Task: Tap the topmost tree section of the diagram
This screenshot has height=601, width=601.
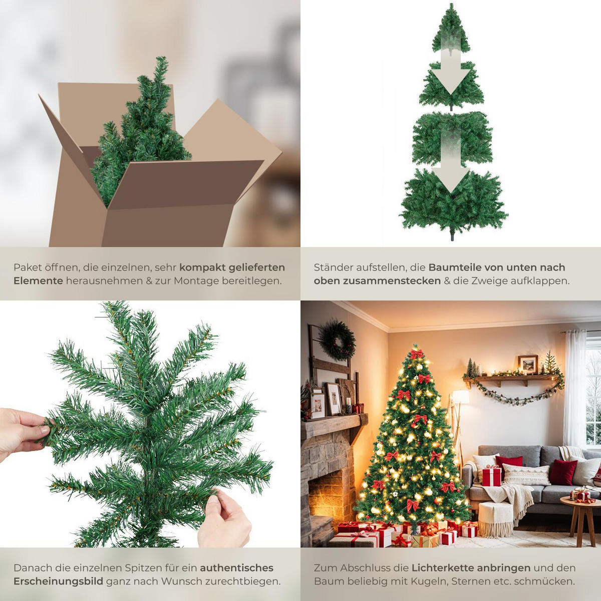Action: pyautogui.click(x=451, y=30)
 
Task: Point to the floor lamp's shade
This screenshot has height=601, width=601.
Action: pyautogui.click(x=460, y=397)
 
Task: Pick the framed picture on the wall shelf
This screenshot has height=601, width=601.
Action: pyautogui.click(x=527, y=364)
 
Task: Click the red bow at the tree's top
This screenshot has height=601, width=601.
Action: pyautogui.click(x=416, y=354)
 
